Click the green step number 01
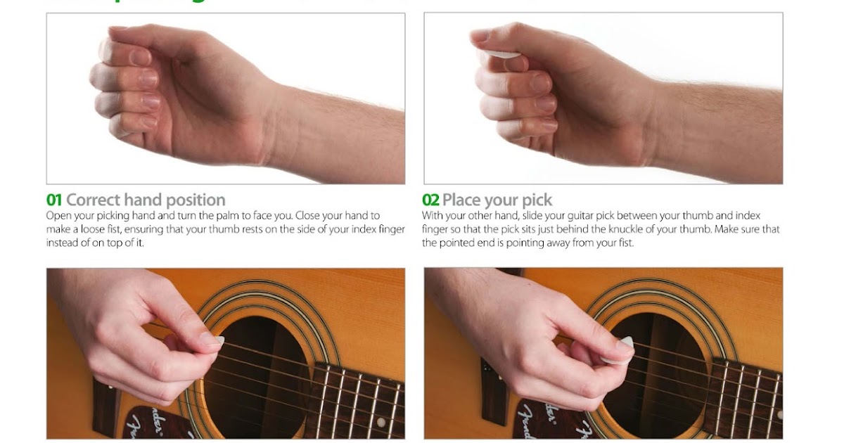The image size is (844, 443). pos(54,200)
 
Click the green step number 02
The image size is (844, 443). pos(430,200)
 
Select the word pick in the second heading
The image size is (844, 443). pos(537,200)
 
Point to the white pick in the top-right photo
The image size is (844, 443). pos(500,53)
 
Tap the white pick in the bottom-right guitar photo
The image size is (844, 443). pos(624,344)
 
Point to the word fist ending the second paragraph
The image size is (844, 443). pos(625,243)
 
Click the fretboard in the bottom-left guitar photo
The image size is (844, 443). pos(359,401)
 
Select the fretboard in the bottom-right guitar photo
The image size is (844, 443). pos(746,394)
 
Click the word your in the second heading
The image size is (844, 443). pos(500,200)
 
